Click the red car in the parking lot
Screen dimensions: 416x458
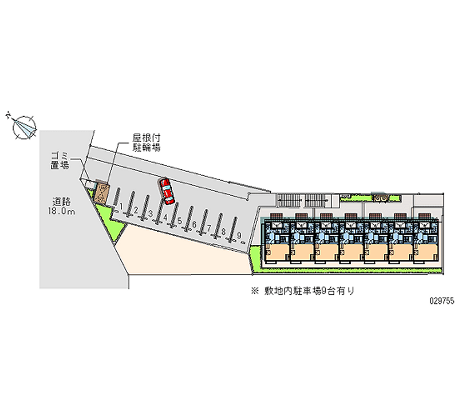(167, 191)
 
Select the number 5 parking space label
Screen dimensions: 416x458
(180, 220)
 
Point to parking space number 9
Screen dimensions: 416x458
(238, 235)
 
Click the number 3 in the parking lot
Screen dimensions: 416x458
(150, 213)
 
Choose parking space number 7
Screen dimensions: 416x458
(209, 228)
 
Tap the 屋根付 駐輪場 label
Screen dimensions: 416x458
(146, 142)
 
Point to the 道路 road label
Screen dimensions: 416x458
(61, 201)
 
